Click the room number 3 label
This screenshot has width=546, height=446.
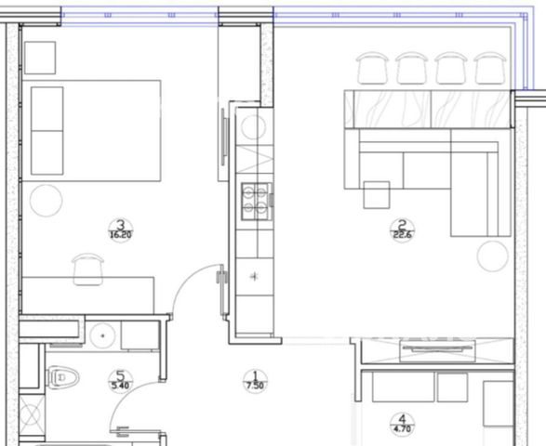(x=121, y=224)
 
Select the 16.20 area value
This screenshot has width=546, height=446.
(x=121, y=235)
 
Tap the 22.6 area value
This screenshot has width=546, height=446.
(x=403, y=235)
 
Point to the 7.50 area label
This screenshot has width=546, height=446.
(x=255, y=386)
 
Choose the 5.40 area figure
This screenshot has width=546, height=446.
(x=120, y=386)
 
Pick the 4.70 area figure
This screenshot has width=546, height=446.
(x=402, y=429)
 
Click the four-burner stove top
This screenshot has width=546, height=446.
(x=257, y=202)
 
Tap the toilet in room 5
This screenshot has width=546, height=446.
(x=62, y=377)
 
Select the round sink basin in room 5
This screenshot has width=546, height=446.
(x=102, y=335)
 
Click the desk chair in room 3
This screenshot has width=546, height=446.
(x=87, y=269)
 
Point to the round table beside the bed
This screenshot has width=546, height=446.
(x=46, y=201)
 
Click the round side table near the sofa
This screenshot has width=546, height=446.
(x=493, y=256)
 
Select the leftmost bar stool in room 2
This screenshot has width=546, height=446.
(x=372, y=68)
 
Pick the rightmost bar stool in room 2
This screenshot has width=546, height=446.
(x=490, y=68)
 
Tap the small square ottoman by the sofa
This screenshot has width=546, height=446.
(x=377, y=195)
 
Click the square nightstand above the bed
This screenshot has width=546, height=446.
(x=40, y=58)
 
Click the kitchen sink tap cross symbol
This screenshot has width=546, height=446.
(x=254, y=277)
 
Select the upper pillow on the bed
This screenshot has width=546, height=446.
(x=47, y=109)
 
